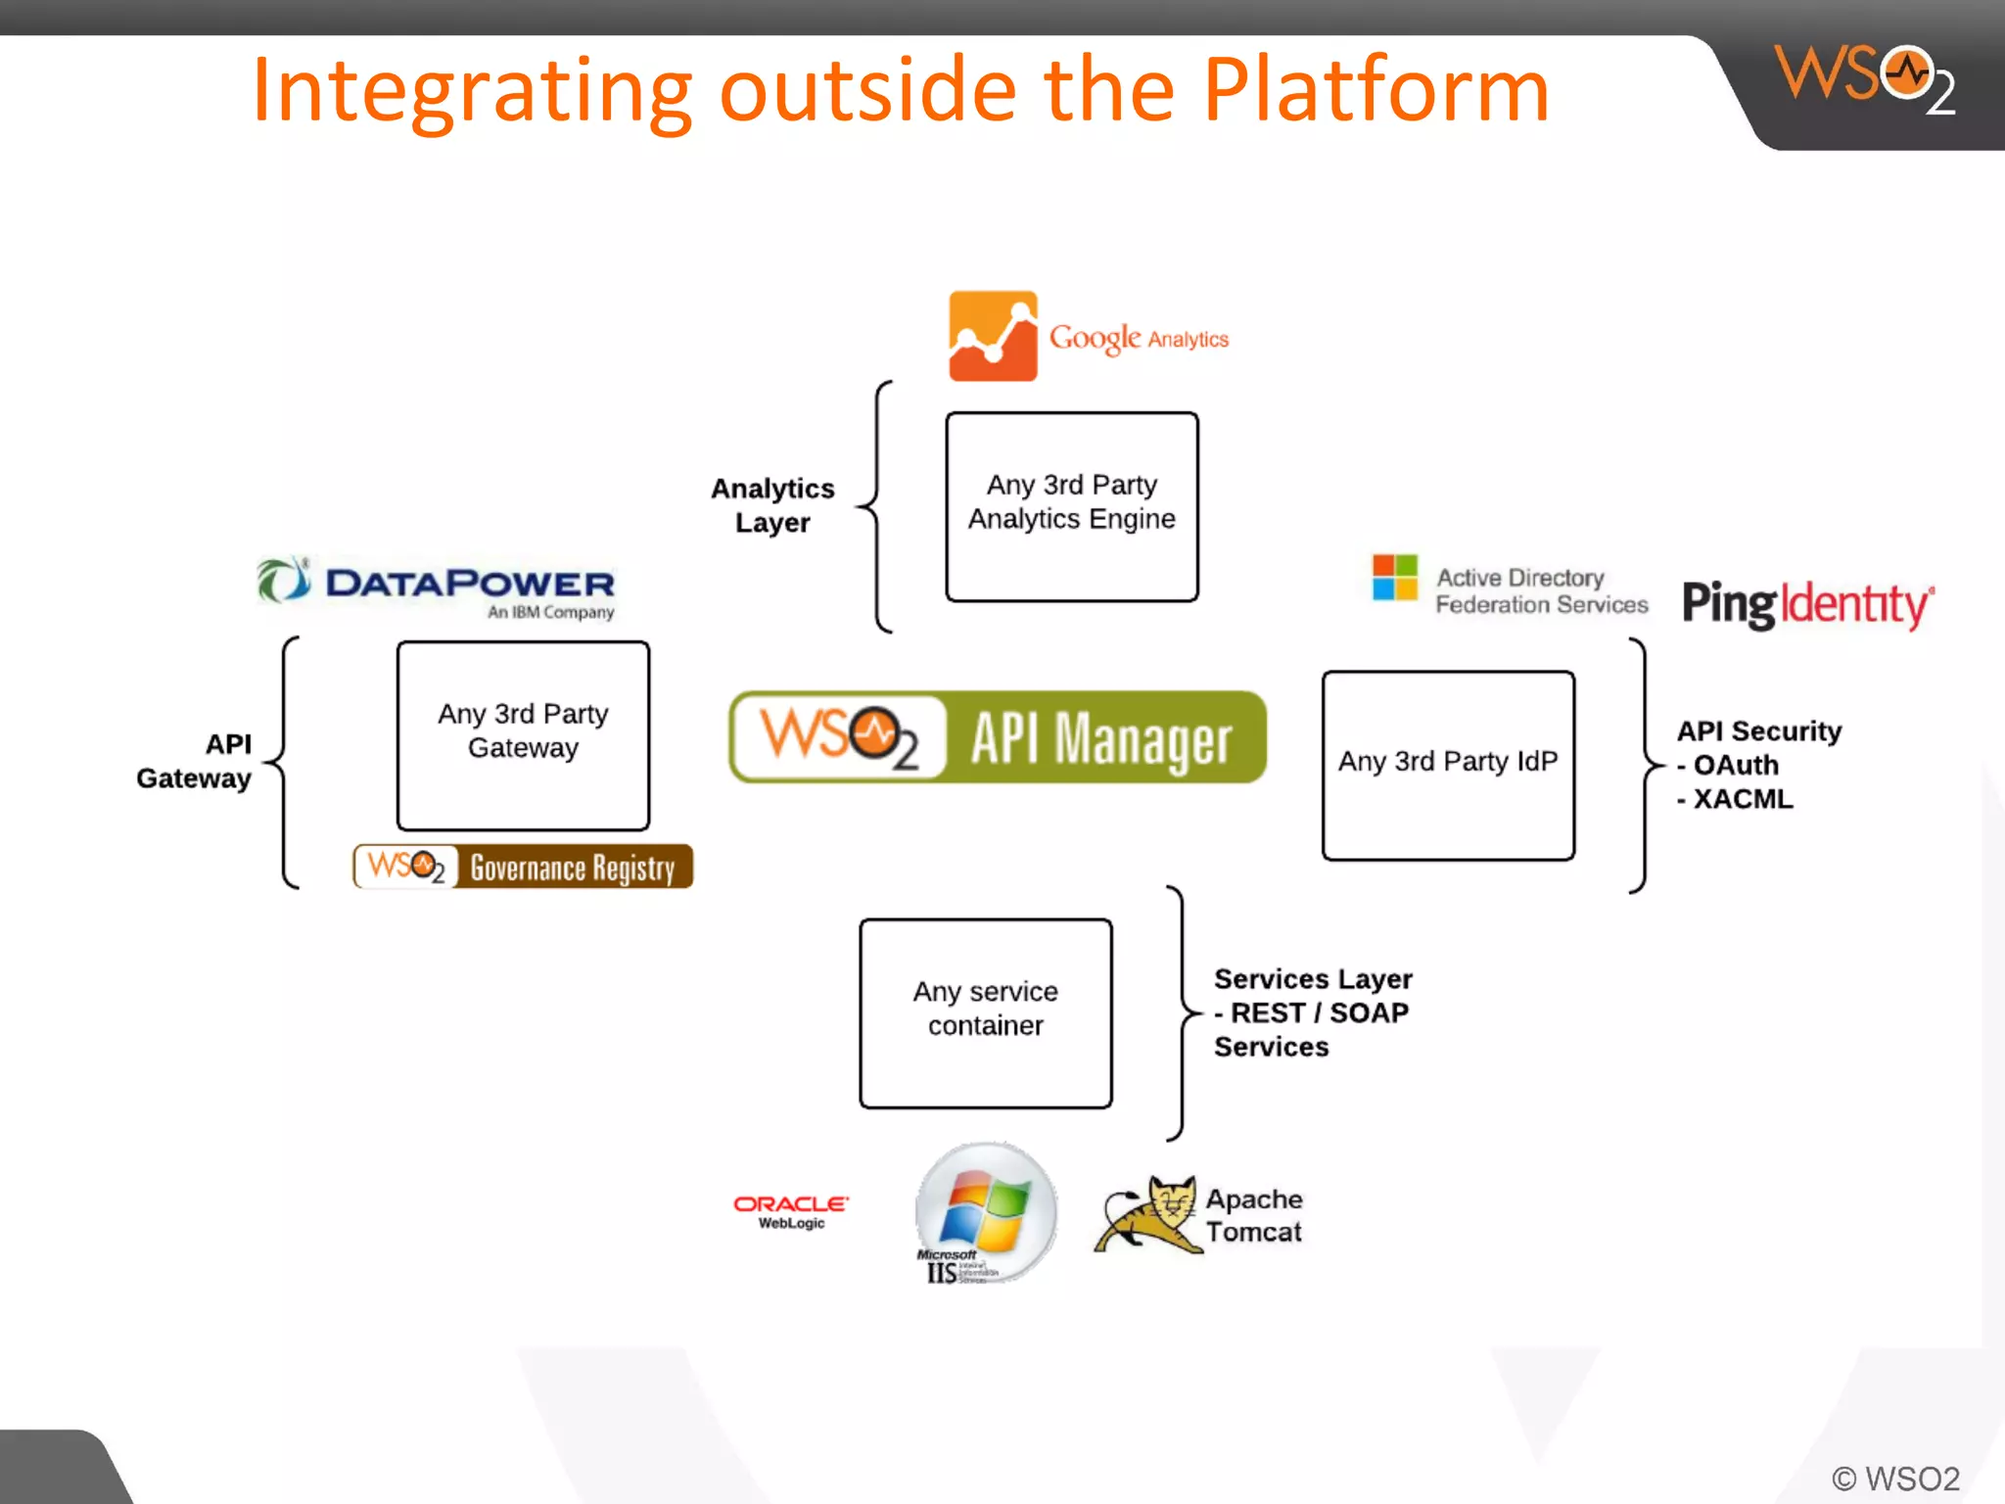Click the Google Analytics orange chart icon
(x=992, y=336)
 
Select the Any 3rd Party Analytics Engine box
(x=1071, y=506)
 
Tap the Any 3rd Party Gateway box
(x=523, y=735)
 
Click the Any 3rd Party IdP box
(x=1447, y=765)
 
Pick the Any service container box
(x=985, y=1012)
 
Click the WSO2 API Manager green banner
(x=997, y=737)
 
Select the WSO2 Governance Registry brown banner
(x=523, y=867)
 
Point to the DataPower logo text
(x=469, y=584)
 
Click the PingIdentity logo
(x=1806, y=603)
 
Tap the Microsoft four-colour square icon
(x=1394, y=577)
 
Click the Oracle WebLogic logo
(x=790, y=1210)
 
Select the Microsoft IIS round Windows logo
(x=985, y=1211)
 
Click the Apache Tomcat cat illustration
(x=1147, y=1215)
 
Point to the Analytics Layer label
(x=772, y=505)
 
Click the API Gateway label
(x=195, y=761)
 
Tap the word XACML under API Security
(x=1743, y=799)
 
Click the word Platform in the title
(x=1376, y=90)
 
